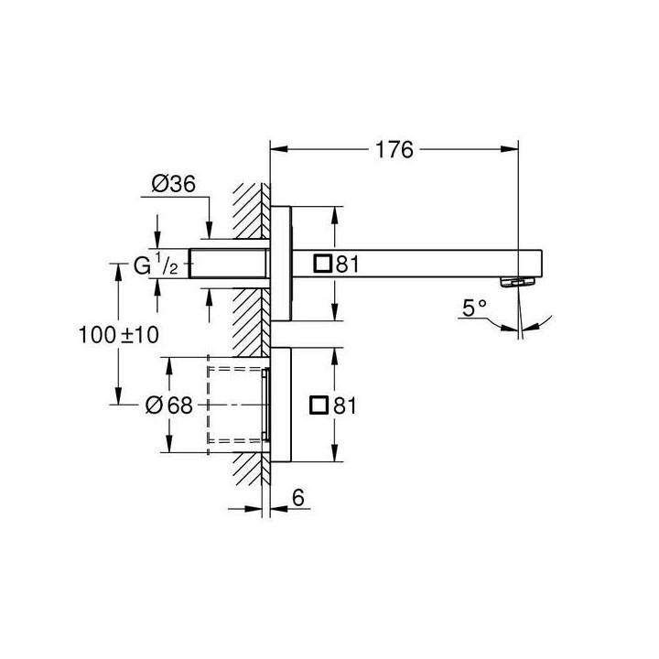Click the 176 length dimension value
394,148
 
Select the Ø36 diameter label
174,184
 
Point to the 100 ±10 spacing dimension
118,335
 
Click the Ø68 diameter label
170,405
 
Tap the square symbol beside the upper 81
322,264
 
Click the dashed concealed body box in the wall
236,404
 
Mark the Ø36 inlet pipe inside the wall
229,264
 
